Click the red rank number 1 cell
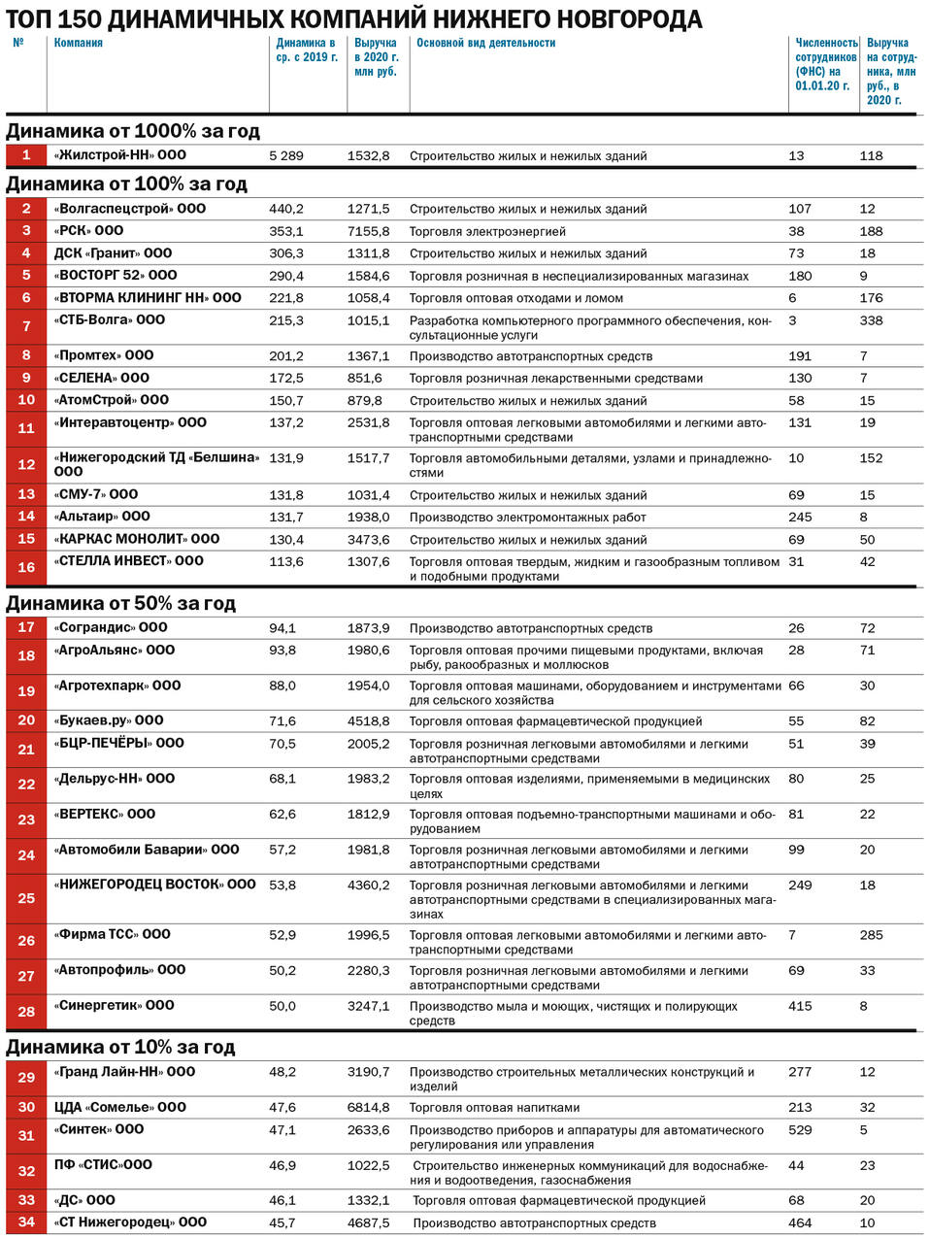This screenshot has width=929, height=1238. pyautogui.click(x=26, y=155)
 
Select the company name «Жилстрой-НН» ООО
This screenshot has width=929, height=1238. pyautogui.click(x=119, y=155)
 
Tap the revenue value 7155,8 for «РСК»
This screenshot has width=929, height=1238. pyautogui.click(x=368, y=231)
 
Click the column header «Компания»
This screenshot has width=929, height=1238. pyautogui.click(x=79, y=43)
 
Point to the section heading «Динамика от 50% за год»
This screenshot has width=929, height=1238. pyautogui.click(x=121, y=603)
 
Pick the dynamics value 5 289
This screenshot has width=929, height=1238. pyautogui.click(x=286, y=155)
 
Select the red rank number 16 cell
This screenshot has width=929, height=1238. pyautogui.click(x=26, y=567)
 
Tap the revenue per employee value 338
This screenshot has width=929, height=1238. pyautogui.click(x=871, y=320)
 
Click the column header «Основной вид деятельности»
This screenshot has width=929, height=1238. pyautogui.click(x=485, y=43)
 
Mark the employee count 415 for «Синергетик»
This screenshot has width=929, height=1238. pyautogui.click(x=800, y=1006)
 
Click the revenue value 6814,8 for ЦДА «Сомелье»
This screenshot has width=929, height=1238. pyautogui.click(x=368, y=1107)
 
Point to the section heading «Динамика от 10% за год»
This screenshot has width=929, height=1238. pyautogui.click(x=121, y=1047)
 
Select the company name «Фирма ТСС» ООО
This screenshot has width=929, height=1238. pyautogui.click(x=113, y=934)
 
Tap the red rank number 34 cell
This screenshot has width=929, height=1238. pyautogui.click(x=26, y=1222)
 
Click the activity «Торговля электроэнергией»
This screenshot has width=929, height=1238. pyautogui.click(x=487, y=231)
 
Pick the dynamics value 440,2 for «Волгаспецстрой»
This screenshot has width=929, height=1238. pyautogui.click(x=286, y=209)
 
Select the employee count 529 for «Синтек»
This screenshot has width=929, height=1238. pyautogui.click(x=800, y=1129)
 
